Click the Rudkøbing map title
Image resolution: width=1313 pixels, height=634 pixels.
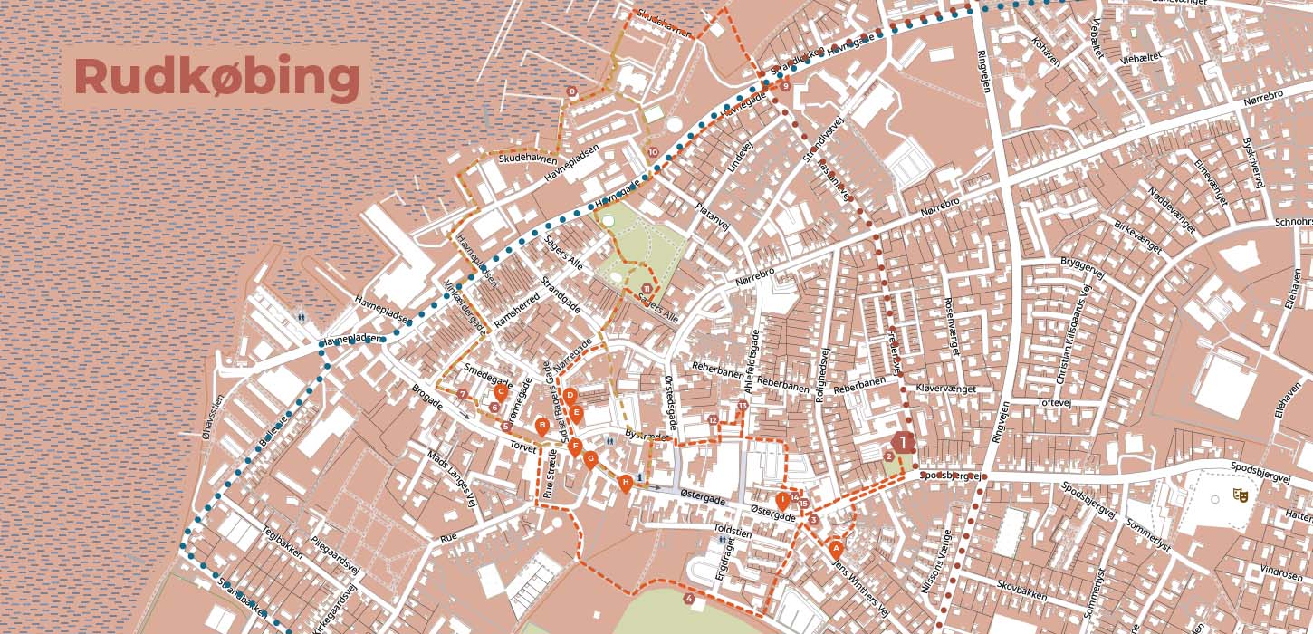pyautogui.click(x=216, y=77)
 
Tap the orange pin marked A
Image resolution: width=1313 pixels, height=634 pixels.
pyautogui.click(x=836, y=547)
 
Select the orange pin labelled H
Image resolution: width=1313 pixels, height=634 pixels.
pyautogui.click(x=625, y=482)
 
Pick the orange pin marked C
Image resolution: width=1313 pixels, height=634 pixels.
pyautogui.click(x=501, y=392)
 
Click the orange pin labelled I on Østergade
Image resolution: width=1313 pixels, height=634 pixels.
pyautogui.click(x=782, y=499)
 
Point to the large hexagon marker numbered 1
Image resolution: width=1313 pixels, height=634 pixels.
pyautogui.click(x=903, y=443)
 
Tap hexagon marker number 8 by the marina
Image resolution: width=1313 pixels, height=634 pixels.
pyautogui.click(x=571, y=91)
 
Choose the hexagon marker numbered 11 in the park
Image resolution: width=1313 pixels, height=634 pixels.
pyautogui.click(x=647, y=289)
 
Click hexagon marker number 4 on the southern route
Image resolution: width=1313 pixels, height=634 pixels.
pyautogui.click(x=690, y=599)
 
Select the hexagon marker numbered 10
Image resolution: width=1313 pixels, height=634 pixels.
pyautogui.click(x=654, y=152)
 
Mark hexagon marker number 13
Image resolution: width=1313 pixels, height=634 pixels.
pyautogui.click(x=742, y=406)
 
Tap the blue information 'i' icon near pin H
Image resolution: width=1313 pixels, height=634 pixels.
pyautogui.click(x=640, y=477)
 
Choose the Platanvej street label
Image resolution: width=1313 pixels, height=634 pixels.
pyautogui.click(x=713, y=222)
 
